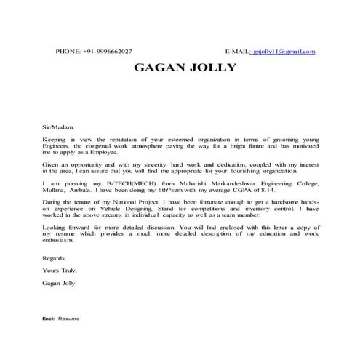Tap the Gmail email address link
point(284,52)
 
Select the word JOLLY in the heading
point(210,69)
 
